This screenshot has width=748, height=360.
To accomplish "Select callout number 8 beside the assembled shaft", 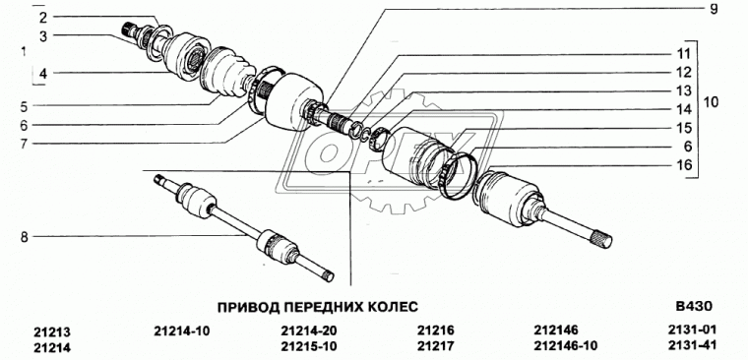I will pos(12,236).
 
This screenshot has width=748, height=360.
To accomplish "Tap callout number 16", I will pos(684,166).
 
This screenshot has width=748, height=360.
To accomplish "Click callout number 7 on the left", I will pos(11,143).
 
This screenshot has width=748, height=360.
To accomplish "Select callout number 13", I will pos(683,91).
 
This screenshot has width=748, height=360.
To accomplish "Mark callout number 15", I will pos(683,129).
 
